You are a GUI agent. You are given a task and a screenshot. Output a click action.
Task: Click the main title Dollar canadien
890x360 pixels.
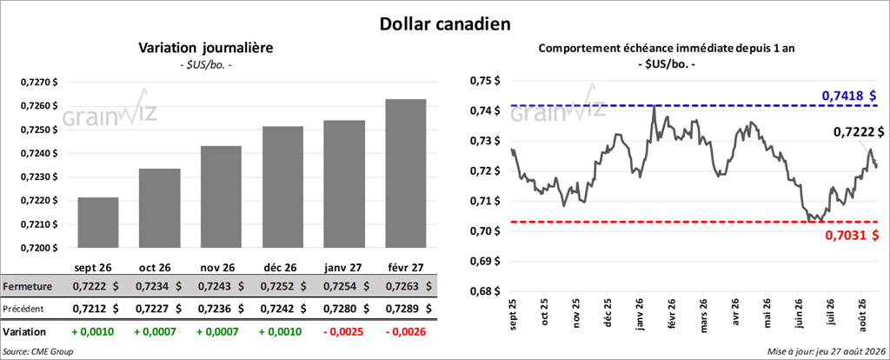[444, 23]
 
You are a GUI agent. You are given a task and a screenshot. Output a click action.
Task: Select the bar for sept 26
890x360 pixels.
[97, 223]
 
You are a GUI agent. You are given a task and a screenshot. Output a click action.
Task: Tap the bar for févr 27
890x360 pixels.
[406, 174]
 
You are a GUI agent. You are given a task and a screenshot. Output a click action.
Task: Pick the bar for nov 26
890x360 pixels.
[221, 197]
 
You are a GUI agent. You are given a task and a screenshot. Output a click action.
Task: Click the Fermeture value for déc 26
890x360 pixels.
[282, 287]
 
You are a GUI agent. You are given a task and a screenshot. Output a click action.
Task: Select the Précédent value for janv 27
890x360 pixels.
[344, 309]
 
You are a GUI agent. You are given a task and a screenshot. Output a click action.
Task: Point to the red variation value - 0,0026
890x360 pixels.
[405, 331]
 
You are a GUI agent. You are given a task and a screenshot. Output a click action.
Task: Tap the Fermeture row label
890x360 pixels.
[28, 287]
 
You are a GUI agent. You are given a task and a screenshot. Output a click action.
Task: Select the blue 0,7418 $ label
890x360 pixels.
[849, 96]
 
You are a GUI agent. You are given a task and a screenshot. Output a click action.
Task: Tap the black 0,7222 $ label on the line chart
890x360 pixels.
[858, 131]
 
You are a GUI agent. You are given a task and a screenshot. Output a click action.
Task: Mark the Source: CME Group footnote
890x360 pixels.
[38, 352]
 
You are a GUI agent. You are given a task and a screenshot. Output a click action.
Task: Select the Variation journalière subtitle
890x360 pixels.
[206, 49]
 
